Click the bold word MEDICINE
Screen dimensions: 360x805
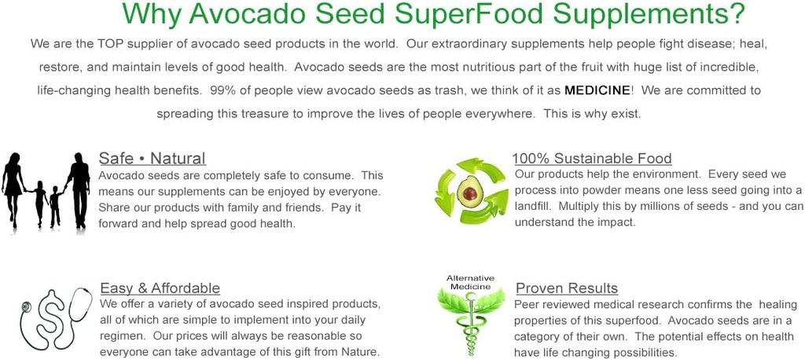597,90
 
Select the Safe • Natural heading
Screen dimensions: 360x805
152,159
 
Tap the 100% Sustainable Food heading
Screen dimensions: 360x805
592,159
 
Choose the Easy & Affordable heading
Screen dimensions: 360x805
160,288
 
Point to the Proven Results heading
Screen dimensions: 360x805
566,288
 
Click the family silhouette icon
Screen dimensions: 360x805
46,190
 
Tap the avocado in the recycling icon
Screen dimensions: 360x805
470,191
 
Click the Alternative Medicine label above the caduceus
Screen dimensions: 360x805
470,282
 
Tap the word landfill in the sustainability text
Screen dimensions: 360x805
535,206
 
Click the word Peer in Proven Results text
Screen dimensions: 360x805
527,304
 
